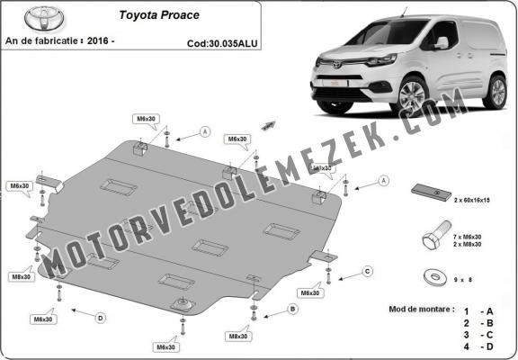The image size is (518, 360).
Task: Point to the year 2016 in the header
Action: click(129, 40)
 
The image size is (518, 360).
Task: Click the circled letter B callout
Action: click(292, 309)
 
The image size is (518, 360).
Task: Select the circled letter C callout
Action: click(367, 271)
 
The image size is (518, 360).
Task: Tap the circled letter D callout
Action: click(100, 317)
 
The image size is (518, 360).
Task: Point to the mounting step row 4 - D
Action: click(479, 346)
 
